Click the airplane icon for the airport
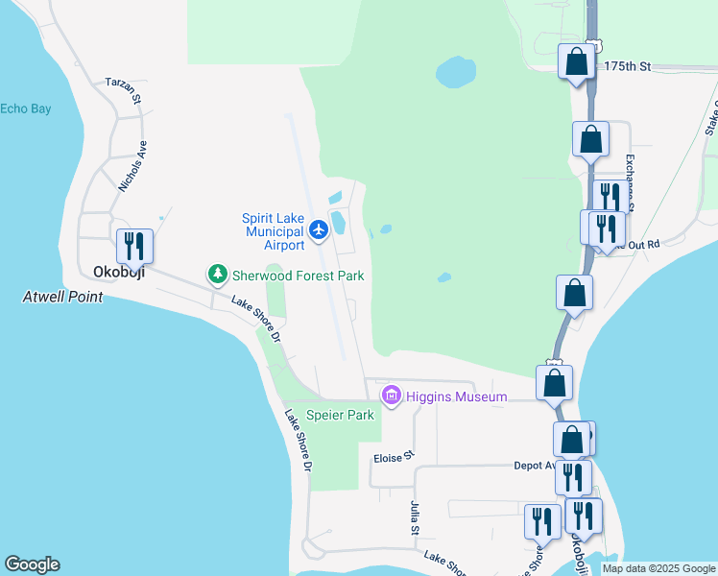pos(320,229)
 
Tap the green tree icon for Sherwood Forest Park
pos(218,276)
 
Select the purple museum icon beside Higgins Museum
pos(391,396)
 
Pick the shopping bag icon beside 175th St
pos(577,62)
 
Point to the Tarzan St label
pos(124,90)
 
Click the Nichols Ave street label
pos(132,166)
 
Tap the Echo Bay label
pos(26,108)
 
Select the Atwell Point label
pos(62,298)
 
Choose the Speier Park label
pos(340,416)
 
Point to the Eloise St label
pos(393,458)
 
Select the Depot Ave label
pos(534,466)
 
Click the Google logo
pos(32,564)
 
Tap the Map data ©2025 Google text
pos(658,568)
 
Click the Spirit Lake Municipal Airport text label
pos(274,231)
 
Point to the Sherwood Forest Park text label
pos(298,276)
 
